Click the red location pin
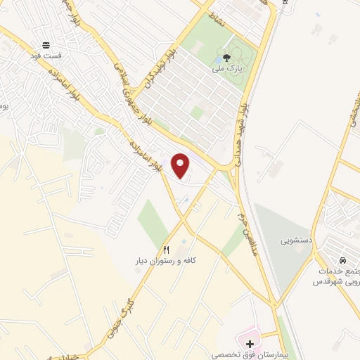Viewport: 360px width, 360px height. click(181, 165)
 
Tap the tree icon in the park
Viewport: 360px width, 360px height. click(226, 58)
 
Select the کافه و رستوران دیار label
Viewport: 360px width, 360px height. click(166, 261)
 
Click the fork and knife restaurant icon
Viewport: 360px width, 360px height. click(167, 250)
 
